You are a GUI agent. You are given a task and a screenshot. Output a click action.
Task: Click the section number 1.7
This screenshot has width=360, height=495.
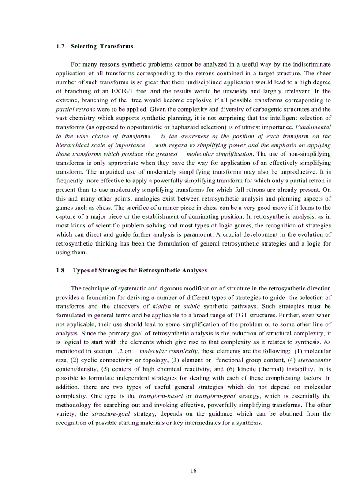point(60,46)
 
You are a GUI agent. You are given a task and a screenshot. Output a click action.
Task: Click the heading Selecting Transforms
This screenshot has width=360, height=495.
point(102,46)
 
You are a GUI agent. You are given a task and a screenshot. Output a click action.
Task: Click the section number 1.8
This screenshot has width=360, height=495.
point(60,270)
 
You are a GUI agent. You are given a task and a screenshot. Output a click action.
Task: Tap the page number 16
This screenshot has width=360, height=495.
point(193,471)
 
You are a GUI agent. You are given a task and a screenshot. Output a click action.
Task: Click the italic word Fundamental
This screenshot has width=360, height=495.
point(313,127)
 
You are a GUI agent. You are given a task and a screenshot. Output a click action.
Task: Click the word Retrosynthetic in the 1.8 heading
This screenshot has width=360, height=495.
point(148,270)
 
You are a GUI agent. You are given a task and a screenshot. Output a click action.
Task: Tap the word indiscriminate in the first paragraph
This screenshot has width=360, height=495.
point(308,64)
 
